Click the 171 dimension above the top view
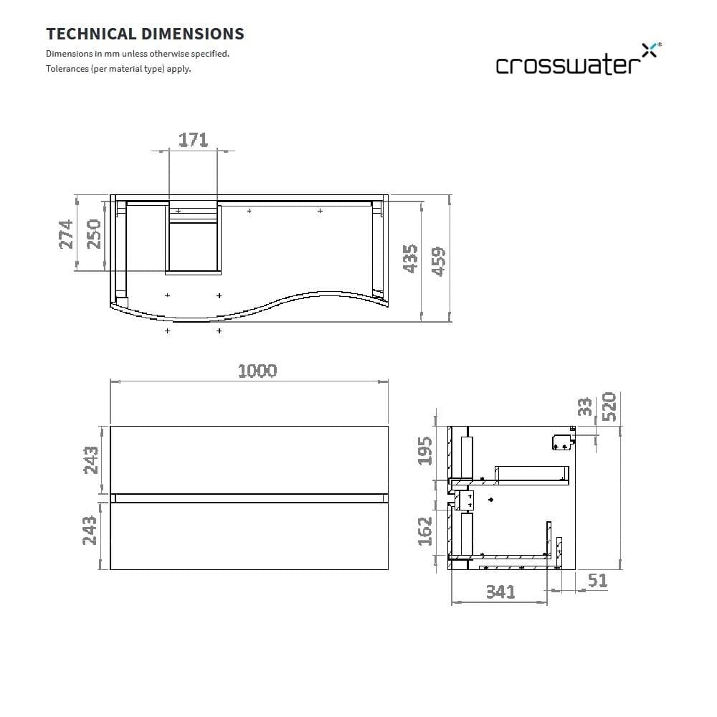click(193, 139)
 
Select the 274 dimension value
click(66, 234)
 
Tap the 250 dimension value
click(94, 234)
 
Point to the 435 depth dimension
click(410, 258)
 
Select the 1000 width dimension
click(257, 371)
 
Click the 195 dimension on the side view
click(425, 451)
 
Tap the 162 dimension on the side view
click(425, 531)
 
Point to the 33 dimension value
click(585, 407)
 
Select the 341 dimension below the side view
click(500, 592)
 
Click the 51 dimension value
click(597, 581)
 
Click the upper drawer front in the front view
click(249, 460)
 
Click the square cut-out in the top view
click(193, 247)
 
